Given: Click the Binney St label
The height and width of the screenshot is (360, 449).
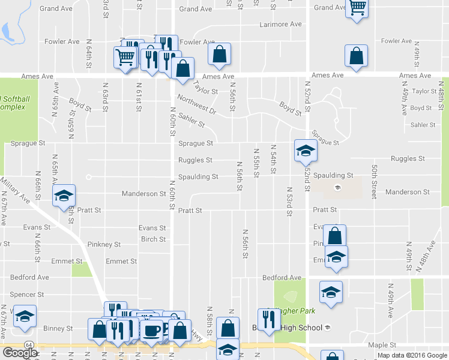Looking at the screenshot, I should tap(58, 328).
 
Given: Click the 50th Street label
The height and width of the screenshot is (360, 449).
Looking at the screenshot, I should tap(374, 182).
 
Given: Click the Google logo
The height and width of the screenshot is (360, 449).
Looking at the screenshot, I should tap(20, 352).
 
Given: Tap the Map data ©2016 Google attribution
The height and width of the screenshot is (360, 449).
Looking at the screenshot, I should tap(412, 355).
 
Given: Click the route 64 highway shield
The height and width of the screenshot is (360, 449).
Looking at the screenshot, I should tap(28, 344).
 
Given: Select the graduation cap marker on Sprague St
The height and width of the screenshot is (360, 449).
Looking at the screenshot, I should tap(305, 150).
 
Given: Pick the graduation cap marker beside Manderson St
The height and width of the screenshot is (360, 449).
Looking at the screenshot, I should tap(64, 195).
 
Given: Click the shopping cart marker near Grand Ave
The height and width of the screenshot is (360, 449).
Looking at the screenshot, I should tap(357, 8).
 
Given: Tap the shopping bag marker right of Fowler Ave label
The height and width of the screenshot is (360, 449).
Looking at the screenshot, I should tap(220, 54).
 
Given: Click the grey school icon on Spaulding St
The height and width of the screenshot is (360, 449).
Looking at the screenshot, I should tap(337, 187).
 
